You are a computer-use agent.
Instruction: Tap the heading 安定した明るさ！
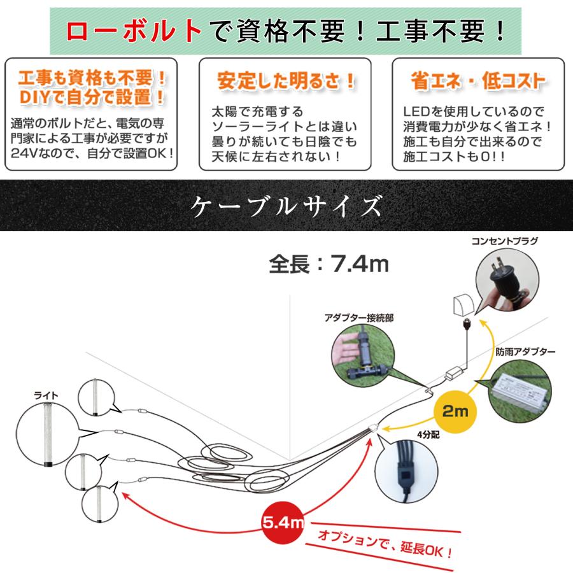[x=286, y=81]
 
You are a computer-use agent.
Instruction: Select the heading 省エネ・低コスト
[x=478, y=81]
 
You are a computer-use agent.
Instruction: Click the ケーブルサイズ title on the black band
[x=286, y=206]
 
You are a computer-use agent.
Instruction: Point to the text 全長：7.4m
[x=329, y=263]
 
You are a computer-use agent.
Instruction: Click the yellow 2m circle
[x=454, y=411]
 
